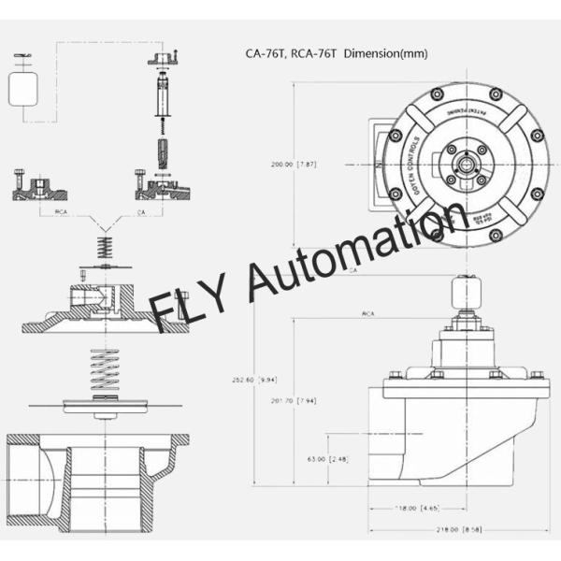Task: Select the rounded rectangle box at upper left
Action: (x=25, y=90)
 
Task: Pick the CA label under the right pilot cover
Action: (x=141, y=212)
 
